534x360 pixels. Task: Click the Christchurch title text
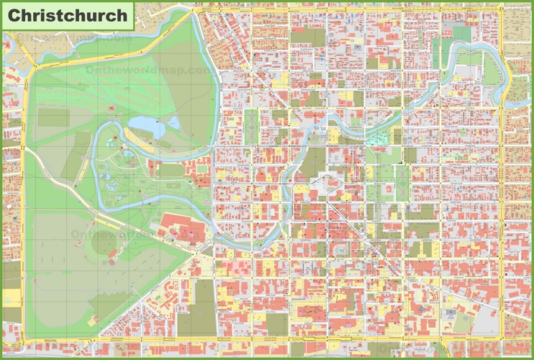click(67, 15)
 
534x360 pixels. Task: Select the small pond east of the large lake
click(174, 125)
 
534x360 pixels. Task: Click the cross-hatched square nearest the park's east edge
click(250, 127)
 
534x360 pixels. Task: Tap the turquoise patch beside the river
click(394, 135)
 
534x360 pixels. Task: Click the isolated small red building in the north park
click(112, 108)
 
